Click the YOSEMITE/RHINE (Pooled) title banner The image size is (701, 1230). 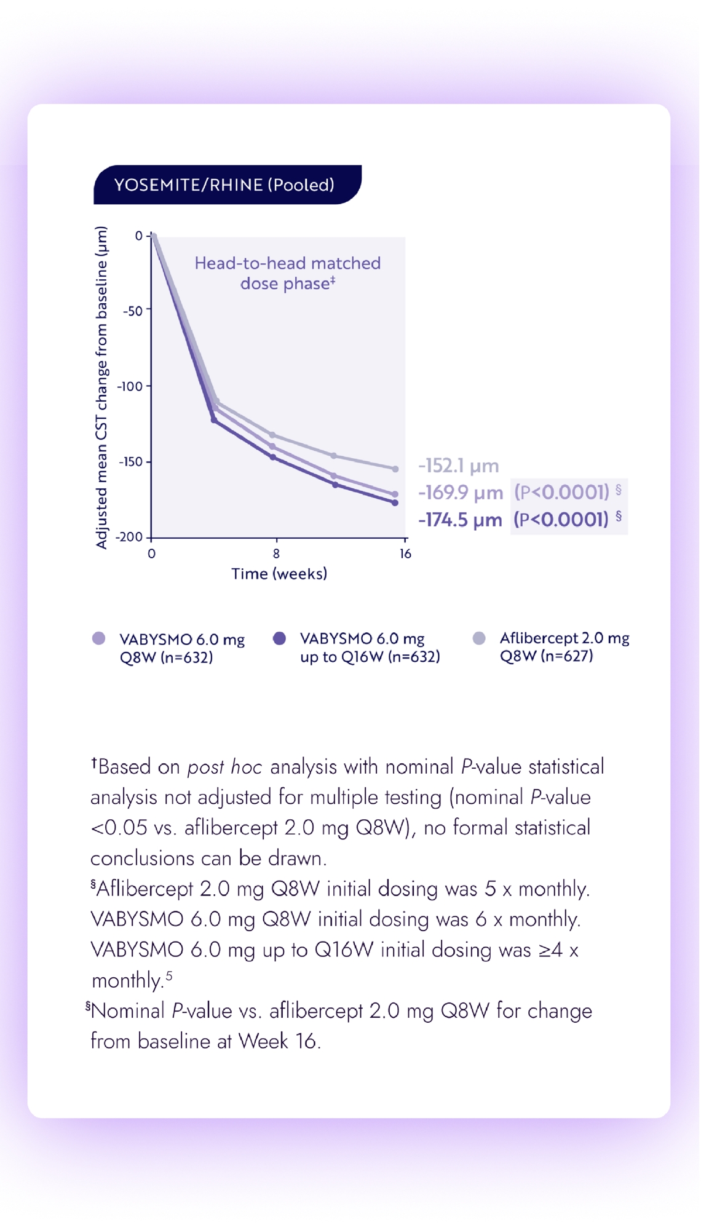tap(225, 184)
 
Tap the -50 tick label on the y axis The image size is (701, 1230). tap(132, 311)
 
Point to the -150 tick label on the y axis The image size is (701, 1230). tap(130, 461)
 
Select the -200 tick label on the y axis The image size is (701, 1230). tap(129, 537)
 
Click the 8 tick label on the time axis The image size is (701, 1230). tap(276, 553)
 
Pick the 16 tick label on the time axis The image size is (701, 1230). tap(405, 553)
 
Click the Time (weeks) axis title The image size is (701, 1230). tap(279, 574)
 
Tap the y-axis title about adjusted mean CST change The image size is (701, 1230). tap(101, 387)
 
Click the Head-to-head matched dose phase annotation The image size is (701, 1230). tap(287, 273)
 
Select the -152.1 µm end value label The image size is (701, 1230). tap(459, 466)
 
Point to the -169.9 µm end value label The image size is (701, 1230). tap(461, 493)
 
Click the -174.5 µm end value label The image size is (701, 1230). tap(460, 520)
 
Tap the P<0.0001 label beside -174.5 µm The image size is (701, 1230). tap(561, 520)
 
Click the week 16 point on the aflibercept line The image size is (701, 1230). tap(395, 469)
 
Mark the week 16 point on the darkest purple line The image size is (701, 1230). tap(395, 502)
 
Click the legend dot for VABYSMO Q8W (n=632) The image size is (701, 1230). tap(98, 638)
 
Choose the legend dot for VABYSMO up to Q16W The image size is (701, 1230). tap(279, 638)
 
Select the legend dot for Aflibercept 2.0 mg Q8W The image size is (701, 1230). tap(479, 638)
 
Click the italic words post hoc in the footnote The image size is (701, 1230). tap(224, 767)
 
